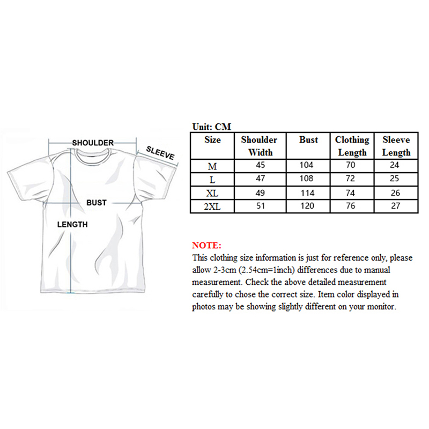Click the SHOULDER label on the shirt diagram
tap(93, 143)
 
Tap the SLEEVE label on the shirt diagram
tap(160, 153)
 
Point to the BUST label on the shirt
tap(97, 203)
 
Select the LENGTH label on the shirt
tap(72, 225)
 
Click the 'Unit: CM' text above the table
tap(211, 127)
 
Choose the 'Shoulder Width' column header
tap(259, 146)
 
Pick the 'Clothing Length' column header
tap(352, 146)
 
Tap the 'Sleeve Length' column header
tap(396, 146)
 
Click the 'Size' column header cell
tap(212, 140)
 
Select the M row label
tap(212, 166)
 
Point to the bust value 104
tap(307, 165)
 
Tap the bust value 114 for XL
tap(307, 191)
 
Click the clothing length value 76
tap(352, 205)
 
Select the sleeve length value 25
tap(396, 178)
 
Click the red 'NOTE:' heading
tap(206, 245)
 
